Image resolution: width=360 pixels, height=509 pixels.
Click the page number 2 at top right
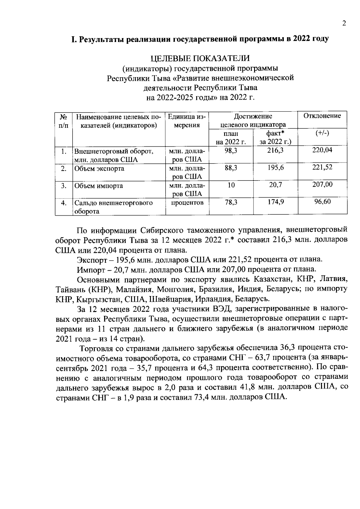point(344,23)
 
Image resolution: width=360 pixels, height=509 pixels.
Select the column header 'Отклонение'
point(322,116)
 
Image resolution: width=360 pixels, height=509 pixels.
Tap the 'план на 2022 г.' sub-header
point(231,137)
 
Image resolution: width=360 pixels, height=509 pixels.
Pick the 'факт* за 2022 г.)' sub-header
point(275,137)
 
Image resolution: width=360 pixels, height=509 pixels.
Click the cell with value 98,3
point(231,151)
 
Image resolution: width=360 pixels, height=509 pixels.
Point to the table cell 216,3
point(275,151)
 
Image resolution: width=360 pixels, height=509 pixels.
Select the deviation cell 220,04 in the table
point(322,150)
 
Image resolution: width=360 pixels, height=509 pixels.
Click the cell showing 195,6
point(275,168)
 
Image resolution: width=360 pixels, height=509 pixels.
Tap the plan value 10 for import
point(231,185)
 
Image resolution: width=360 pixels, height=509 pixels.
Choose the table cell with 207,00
point(322,184)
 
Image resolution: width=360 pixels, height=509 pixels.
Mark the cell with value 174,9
point(275,202)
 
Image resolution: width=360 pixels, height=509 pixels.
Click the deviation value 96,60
point(322,202)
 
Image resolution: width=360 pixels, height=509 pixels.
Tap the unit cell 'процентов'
point(187,203)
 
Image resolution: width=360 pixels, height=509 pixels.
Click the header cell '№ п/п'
point(64,121)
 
